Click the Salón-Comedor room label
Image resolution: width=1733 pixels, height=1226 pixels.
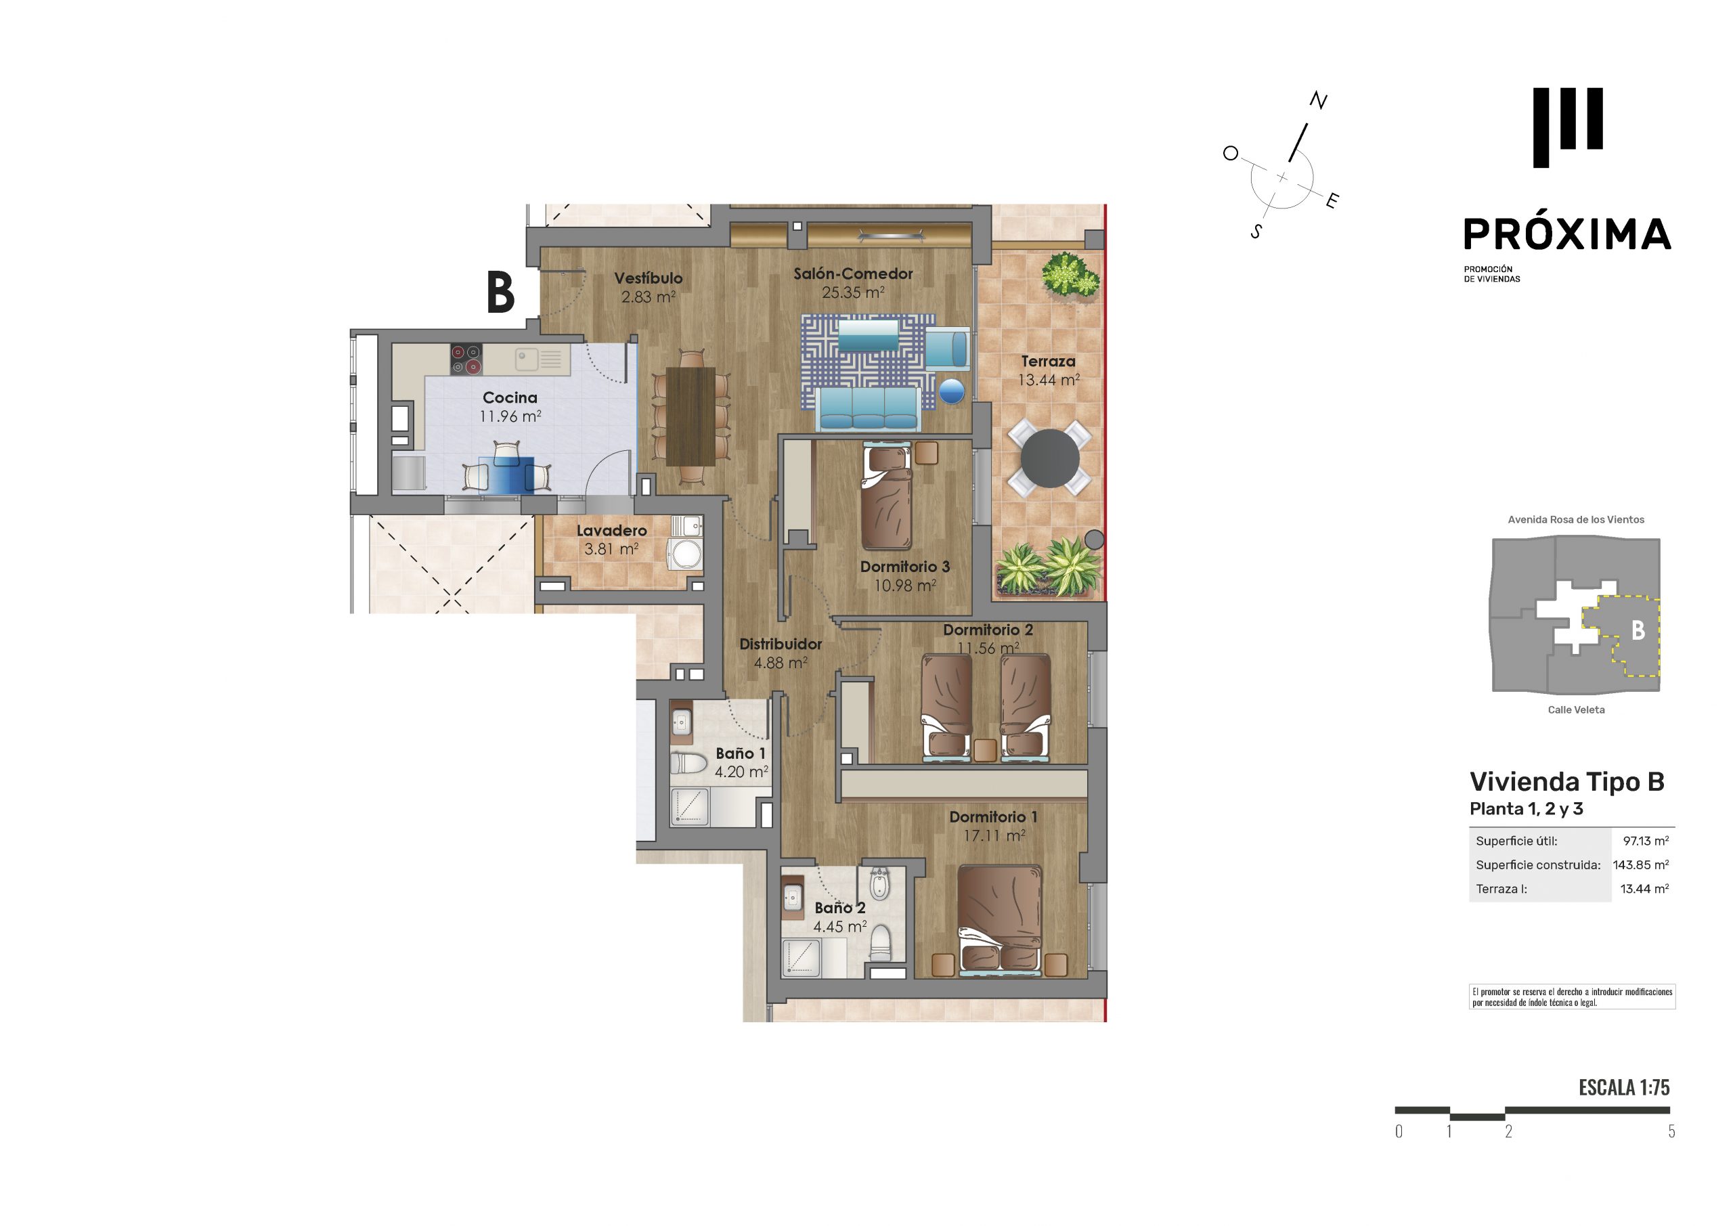(853, 274)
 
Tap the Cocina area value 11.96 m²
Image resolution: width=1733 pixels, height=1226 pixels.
(510, 416)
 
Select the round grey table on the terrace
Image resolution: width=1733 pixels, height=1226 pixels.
(1049, 458)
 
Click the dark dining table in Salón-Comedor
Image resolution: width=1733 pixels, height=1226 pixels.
(690, 416)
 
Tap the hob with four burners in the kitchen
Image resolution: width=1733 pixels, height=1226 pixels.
(466, 359)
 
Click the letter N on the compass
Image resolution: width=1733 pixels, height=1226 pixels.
(1318, 100)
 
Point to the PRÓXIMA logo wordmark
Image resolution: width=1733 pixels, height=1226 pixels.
(1567, 234)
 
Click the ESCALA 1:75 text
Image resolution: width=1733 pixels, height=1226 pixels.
(1624, 1087)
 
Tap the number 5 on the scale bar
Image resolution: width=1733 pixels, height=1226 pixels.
(1671, 1131)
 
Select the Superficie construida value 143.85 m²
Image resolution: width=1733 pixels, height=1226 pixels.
(1641, 865)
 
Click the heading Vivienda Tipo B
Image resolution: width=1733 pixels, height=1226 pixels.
(1567, 781)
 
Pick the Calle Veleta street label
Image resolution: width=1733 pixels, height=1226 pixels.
(1576, 709)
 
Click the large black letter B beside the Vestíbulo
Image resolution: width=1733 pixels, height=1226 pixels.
(500, 292)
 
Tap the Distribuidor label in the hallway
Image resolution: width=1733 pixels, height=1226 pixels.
(781, 644)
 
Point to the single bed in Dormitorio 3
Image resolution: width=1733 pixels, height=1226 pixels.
(887, 497)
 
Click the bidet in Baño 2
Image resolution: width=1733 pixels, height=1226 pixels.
(878, 884)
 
